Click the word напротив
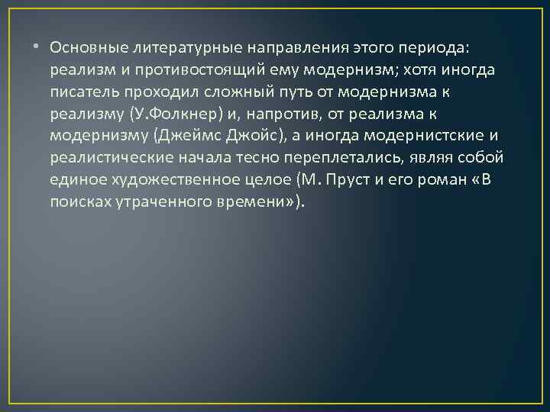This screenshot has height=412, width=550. coord(286,115)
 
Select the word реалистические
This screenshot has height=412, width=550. coord(107,159)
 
